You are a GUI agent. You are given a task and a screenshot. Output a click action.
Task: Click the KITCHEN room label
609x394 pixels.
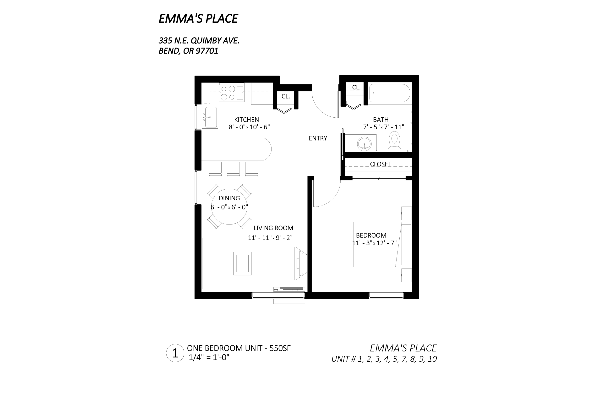[247, 120]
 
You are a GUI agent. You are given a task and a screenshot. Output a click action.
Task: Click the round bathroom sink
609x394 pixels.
[364, 143]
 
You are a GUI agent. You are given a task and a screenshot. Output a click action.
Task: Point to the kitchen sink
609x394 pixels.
[210, 117]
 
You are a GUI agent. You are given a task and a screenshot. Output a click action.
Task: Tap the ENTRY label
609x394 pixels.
[318, 138]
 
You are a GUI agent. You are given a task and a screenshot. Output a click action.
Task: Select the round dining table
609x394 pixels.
[229, 207]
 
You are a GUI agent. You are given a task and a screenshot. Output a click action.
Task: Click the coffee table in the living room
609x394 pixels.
[242, 263]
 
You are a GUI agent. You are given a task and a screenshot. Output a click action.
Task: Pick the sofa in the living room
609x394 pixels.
[212, 263]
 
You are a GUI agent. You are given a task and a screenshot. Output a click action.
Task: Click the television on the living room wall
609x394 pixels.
[300, 264]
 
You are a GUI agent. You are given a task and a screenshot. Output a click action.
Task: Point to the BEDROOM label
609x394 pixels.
[371, 235]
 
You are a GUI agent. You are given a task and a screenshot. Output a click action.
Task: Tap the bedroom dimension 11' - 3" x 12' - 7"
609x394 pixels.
[374, 243]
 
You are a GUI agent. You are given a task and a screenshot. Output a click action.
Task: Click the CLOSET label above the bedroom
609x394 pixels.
[381, 164]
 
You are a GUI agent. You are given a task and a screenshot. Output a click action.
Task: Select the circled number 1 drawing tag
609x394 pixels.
[175, 353]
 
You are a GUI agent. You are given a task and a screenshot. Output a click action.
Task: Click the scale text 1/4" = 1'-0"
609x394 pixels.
[209, 357]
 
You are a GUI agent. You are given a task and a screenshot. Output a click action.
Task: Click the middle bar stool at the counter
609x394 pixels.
[233, 169]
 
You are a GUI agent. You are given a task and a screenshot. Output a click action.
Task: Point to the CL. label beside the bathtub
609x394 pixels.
[356, 88]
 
